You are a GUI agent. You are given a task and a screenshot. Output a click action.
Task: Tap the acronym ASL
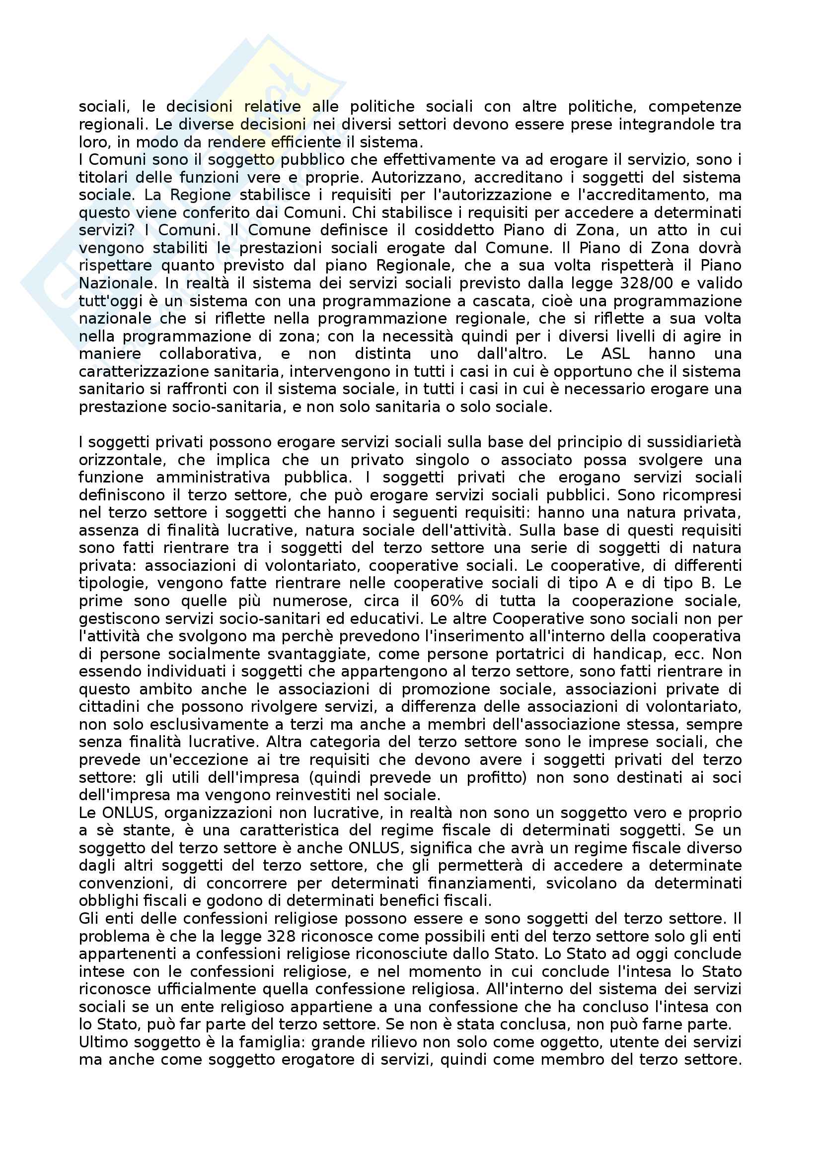point(615,353)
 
